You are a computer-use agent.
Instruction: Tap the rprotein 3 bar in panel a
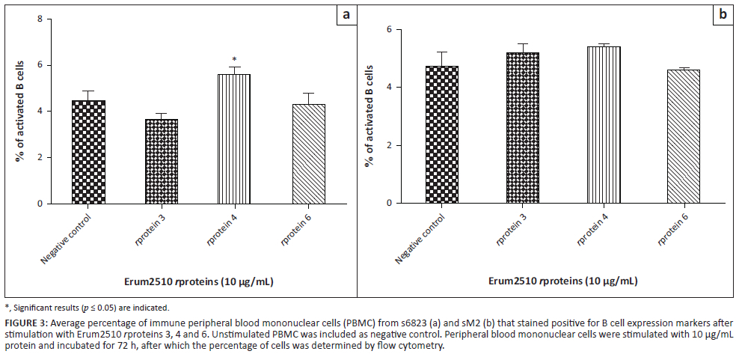point(162,161)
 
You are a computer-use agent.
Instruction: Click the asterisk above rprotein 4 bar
point(235,59)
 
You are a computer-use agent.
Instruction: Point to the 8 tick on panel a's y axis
point(40,19)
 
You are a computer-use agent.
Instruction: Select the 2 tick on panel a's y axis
point(40,157)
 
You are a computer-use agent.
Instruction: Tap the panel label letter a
point(345,14)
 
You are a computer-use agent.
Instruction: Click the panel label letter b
point(723,14)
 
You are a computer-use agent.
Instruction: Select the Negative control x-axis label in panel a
point(69,240)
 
